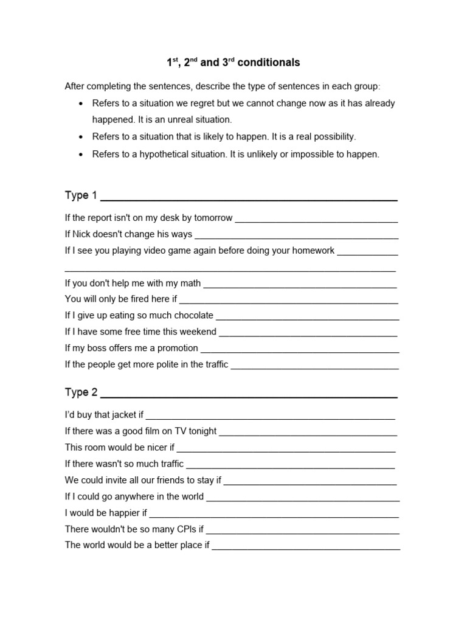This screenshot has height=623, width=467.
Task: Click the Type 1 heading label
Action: pos(81,195)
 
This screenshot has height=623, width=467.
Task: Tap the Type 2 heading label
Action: pos(81,392)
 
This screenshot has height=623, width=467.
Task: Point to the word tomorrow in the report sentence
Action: pos(213,218)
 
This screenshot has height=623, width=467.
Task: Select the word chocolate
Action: pos(193,316)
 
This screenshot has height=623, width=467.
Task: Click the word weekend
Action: pos(198,332)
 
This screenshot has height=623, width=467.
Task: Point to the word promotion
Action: pos(178,349)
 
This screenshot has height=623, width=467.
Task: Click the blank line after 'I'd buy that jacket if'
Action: pos(271,417)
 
